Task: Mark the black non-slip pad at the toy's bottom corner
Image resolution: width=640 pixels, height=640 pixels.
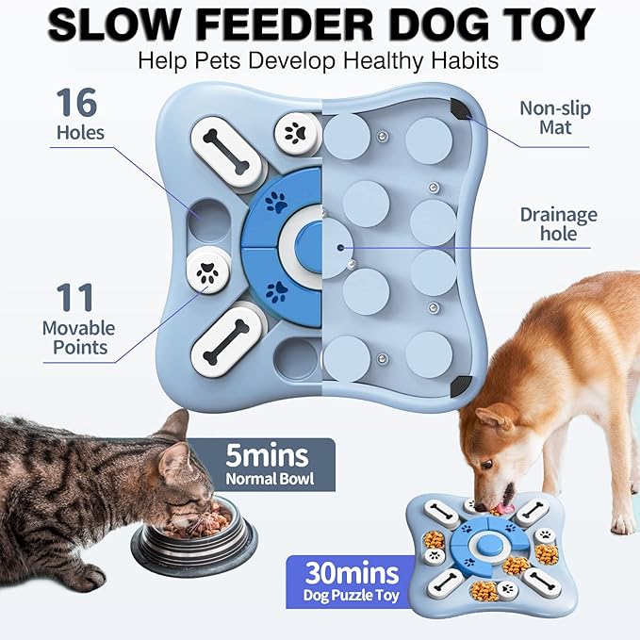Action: (460, 385)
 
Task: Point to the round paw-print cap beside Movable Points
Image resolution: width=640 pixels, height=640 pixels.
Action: (207, 272)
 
